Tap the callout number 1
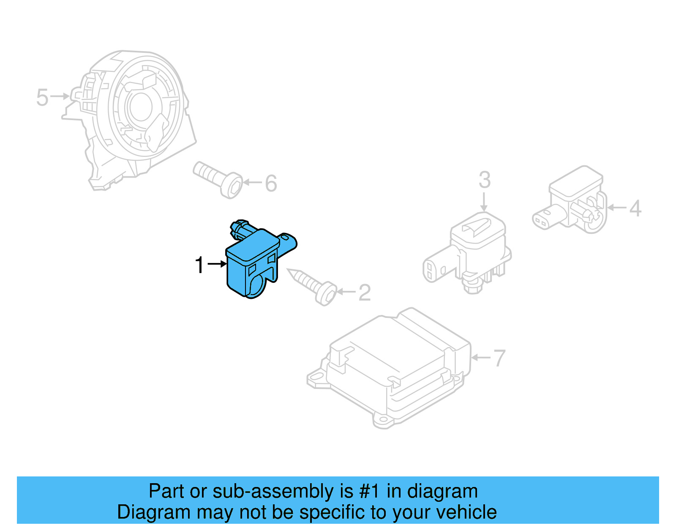click(x=199, y=265)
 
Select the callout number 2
click(x=365, y=293)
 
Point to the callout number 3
click(x=485, y=180)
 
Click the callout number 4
click(x=635, y=208)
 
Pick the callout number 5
click(x=42, y=97)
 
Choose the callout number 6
click(x=271, y=183)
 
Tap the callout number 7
click(x=499, y=358)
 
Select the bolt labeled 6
click(x=218, y=180)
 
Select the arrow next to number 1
click(x=218, y=264)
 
